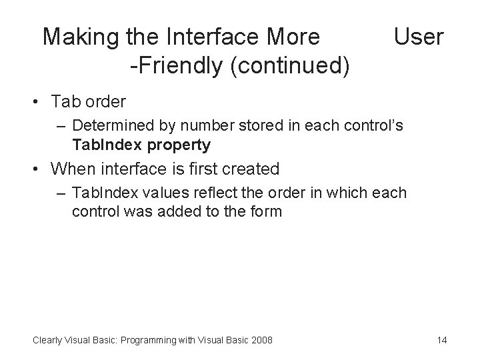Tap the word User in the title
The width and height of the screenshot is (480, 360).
click(418, 37)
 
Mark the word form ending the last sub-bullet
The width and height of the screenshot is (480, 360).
click(267, 212)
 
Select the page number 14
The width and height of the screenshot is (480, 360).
click(441, 340)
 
